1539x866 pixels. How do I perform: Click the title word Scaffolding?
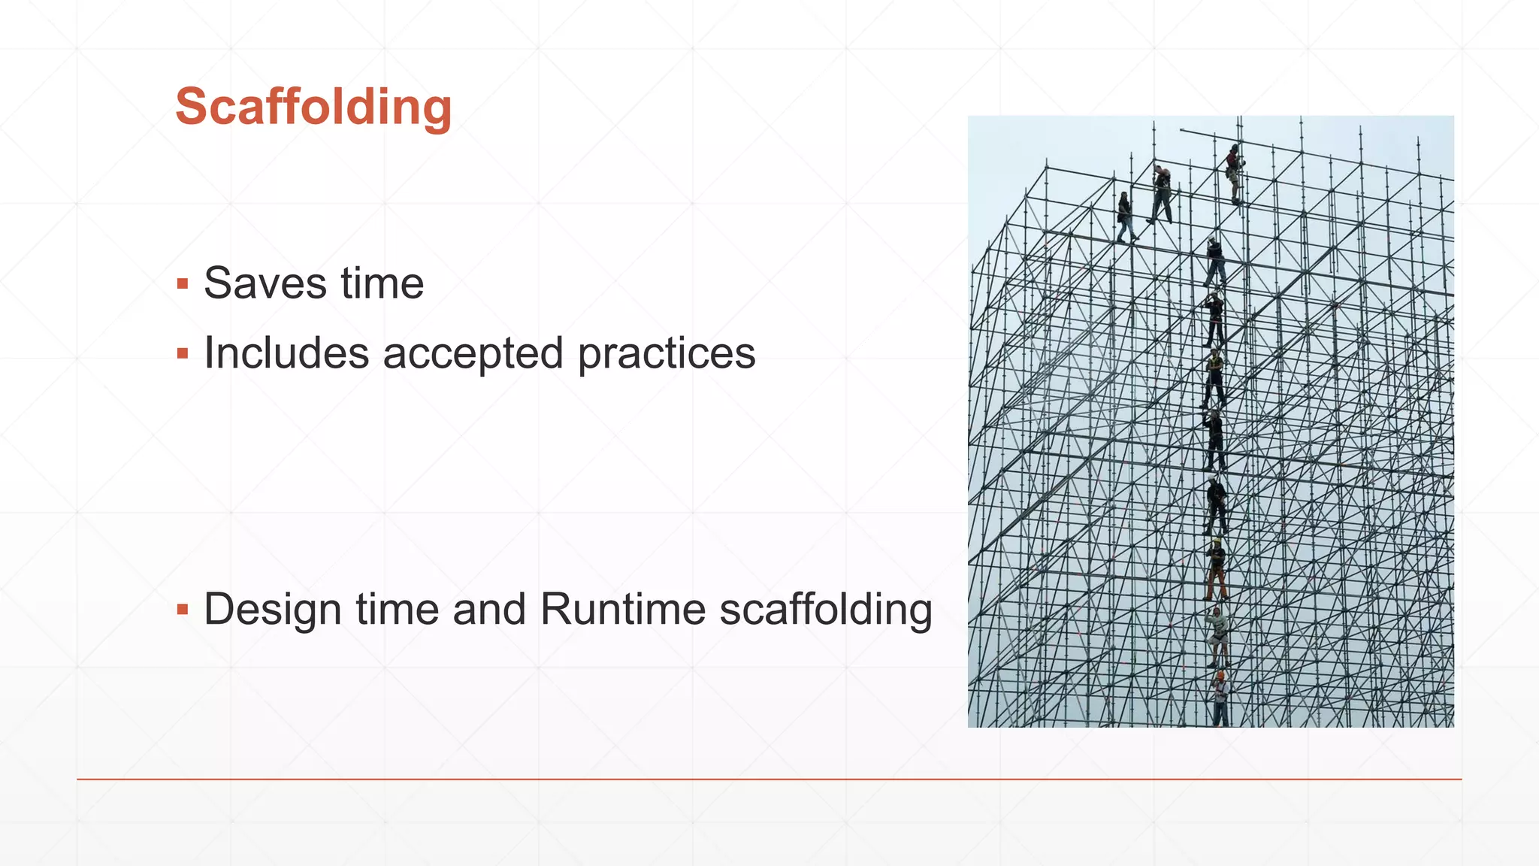tap(313, 107)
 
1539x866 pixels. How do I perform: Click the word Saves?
tap(265, 283)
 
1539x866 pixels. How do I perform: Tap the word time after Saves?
tap(382, 283)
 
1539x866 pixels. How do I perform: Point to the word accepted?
tap(473, 354)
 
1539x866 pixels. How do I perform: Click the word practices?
tap(666, 354)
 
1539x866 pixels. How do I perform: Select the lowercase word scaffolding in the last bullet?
tap(825, 609)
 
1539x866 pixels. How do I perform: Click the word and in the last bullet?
tap(488, 609)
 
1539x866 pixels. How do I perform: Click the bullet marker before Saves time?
tap(182, 284)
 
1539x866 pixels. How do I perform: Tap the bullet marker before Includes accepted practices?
tap(182, 353)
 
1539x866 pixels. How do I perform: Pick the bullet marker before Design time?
tap(182, 609)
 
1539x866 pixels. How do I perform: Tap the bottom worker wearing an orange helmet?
tap(1220, 698)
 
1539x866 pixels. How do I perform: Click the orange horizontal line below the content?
tap(769, 780)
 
